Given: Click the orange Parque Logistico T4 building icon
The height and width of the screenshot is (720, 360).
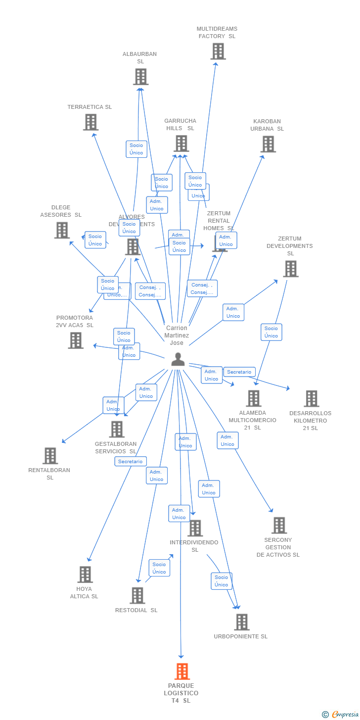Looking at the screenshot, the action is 182,672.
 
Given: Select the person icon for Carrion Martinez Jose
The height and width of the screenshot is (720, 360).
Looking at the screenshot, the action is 178,359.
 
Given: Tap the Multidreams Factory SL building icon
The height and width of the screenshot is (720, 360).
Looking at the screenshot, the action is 218,51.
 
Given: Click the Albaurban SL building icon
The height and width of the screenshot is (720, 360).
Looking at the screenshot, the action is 140,77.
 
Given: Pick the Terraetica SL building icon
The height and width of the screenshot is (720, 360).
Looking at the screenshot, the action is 90,122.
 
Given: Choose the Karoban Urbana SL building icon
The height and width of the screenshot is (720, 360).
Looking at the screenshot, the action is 268,144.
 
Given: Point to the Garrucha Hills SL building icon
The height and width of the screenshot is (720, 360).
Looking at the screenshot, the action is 181,144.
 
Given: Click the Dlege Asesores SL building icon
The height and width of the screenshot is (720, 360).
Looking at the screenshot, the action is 62,230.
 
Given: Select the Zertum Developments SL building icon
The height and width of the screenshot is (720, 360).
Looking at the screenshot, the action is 290,269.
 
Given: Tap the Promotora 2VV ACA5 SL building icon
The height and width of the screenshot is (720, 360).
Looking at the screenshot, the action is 76,340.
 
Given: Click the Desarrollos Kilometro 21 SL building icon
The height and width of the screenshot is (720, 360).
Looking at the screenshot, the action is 311,398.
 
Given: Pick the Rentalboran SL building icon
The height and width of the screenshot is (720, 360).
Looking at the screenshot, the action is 50,456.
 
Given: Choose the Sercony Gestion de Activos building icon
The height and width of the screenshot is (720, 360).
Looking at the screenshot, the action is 279,526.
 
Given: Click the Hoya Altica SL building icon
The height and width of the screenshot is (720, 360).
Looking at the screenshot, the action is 85,575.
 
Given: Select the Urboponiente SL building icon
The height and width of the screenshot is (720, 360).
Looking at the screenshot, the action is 241,622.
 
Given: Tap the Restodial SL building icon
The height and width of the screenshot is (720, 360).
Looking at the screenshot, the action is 137,595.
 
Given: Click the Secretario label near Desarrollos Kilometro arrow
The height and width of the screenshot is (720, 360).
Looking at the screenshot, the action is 239,372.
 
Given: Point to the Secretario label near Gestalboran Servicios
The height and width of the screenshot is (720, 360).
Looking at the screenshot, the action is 131,461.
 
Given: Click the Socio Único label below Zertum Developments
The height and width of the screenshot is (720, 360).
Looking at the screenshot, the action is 271,332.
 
